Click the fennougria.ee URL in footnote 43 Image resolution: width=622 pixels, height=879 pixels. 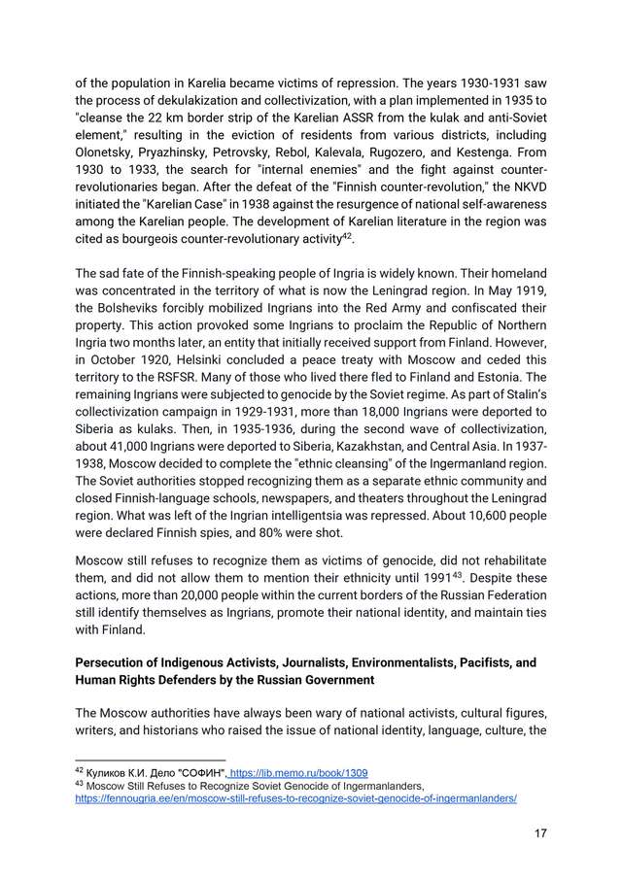point(295,798)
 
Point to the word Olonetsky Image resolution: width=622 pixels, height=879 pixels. point(109,152)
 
